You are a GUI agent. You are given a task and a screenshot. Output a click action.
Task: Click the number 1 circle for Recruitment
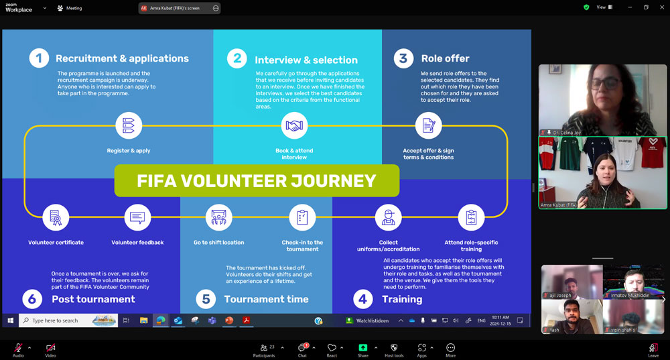(x=39, y=58)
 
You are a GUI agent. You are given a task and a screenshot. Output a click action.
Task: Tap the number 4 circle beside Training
(x=362, y=299)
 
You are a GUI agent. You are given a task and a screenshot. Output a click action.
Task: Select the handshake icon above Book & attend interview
(x=294, y=125)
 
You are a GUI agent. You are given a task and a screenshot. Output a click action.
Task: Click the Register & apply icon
(x=128, y=125)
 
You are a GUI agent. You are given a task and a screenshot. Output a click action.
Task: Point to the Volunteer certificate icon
(x=56, y=218)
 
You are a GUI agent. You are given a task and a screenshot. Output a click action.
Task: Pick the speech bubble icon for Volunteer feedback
(x=137, y=218)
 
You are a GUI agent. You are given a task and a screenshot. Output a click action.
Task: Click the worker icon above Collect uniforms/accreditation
(x=388, y=217)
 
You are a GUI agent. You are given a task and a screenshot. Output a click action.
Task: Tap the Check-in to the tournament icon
(x=302, y=217)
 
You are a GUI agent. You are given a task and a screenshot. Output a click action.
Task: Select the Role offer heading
(x=445, y=58)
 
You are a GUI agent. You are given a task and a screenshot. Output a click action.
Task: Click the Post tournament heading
(x=93, y=299)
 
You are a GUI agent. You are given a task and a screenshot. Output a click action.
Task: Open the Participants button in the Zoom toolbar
(x=264, y=349)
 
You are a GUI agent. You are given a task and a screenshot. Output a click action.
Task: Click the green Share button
(x=362, y=349)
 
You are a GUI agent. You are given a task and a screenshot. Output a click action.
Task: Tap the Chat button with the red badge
(x=302, y=349)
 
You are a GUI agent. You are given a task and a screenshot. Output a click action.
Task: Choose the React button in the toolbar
(x=332, y=349)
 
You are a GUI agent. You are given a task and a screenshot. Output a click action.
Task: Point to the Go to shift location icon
(x=218, y=217)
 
